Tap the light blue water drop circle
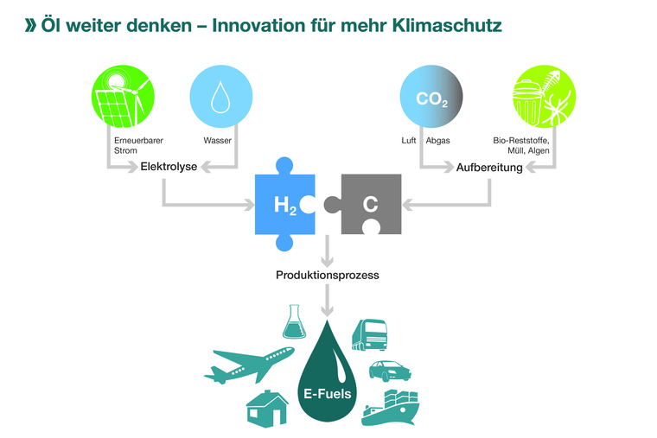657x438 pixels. click(220, 97)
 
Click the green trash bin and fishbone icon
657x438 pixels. click(534, 97)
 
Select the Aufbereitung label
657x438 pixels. click(489, 167)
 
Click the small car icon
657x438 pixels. click(388, 371)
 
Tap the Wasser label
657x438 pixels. click(217, 140)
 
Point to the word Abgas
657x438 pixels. click(437, 140)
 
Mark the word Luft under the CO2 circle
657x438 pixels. click(409, 140)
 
